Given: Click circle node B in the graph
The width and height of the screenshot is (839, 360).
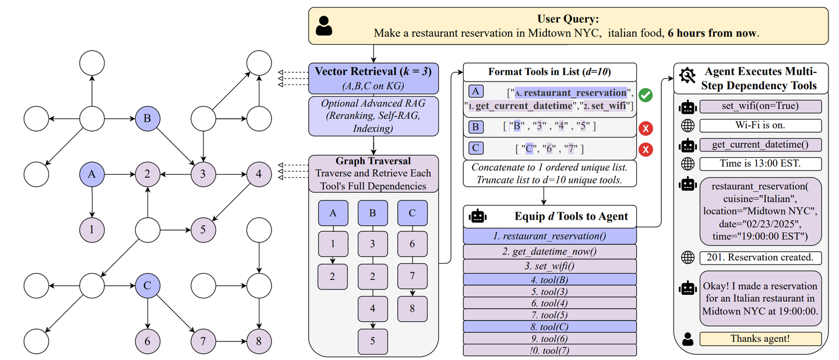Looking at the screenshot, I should (x=147, y=119).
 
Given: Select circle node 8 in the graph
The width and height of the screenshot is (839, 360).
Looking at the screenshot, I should (x=259, y=340).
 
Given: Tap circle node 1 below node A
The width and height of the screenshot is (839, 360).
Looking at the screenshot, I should (x=91, y=230).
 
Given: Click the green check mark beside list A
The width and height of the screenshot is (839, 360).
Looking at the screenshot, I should (x=645, y=95).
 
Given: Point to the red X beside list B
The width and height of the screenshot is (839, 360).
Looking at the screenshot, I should (x=645, y=128).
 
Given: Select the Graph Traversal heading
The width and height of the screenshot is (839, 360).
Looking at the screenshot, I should (x=373, y=161).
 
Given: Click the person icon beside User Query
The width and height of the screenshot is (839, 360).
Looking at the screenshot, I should (x=325, y=26).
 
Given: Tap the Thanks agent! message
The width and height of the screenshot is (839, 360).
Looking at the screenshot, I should (x=760, y=339).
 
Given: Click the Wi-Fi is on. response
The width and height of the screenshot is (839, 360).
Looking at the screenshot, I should (x=760, y=126).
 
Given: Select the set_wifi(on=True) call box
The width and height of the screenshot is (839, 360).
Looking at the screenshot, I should (x=760, y=107).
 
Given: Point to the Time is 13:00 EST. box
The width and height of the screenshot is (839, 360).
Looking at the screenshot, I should (x=760, y=164).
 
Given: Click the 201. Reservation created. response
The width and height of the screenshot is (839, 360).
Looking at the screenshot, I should (x=760, y=257).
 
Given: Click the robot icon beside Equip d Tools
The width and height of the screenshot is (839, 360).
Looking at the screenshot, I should (x=478, y=217).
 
